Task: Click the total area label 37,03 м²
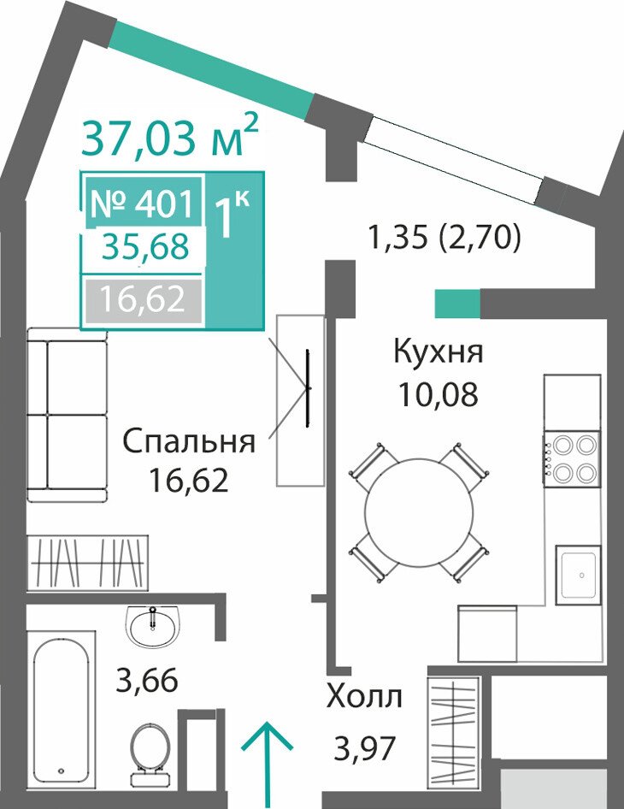point(169,136)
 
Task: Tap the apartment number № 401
point(142,204)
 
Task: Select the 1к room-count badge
point(232,214)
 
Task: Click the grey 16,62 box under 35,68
point(143,299)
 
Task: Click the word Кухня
point(439,352)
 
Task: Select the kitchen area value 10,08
point(438,395)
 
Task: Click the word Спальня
point(189,442)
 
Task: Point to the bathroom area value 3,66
point(147,680)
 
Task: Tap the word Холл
point(364,698)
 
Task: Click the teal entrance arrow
point(268,765)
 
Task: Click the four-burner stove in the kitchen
point(571,458)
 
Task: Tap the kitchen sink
point(578,575)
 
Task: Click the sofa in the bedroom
point(67,414)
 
